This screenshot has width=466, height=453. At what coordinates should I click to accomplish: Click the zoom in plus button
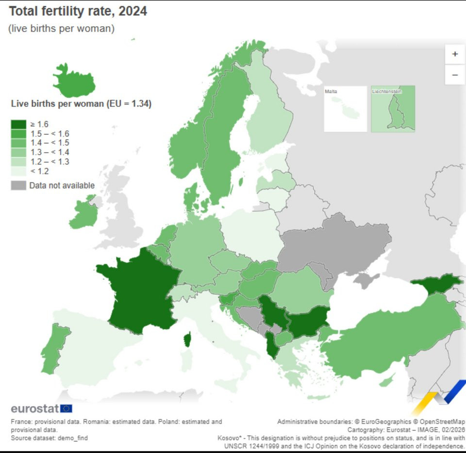(x=455, y=54)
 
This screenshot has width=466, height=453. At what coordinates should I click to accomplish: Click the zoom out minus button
(x=455, y=75)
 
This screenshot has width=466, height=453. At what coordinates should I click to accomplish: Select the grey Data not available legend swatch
(x=18, y=185)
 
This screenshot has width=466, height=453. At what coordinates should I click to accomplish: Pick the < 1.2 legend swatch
(x=18, y=171)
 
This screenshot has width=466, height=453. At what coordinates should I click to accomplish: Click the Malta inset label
(x=332, y=91)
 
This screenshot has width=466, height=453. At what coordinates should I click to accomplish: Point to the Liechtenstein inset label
(x=386, y=91)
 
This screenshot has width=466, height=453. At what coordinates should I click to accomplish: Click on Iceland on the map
(x=74, y=81)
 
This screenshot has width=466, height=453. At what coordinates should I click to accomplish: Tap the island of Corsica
(x=187, y=339)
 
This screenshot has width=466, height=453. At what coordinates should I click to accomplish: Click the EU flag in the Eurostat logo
(x=67, y=408)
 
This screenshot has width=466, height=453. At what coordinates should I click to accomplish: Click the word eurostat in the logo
(x=34, y=408)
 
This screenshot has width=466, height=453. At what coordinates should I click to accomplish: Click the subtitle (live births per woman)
(x=61, y=29)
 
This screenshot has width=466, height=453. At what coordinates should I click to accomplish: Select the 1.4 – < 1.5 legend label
(x=50, y=143)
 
